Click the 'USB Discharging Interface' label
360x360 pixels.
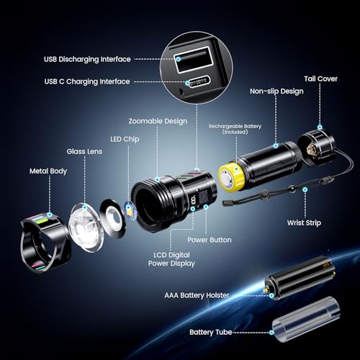pyautogui.click(x=87, y=59)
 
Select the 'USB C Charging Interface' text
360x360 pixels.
pyautogui.click(x=87, y=81)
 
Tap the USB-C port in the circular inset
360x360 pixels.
pyautogui.click(x=199, y=81)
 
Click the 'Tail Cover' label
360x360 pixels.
pyautogui.click(x=320, y=78)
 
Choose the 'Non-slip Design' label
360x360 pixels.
pyautogui.click(x=276, y=91)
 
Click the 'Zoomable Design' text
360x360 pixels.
pyautogui.click(x=158, y=121)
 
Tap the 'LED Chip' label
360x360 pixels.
pyautogui.click(x=125, y=139)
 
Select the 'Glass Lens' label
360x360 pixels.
pyautogui.click(x=84, y=151)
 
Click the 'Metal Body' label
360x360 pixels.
pyautogui.click(x=48, y=171)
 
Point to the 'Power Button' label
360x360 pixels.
pyautogui.click(x=210, y=240)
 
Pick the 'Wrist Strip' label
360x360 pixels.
pyautogui.click(x=304, y=222)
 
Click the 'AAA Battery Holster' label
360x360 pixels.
pyautogui.click(x=197, y=295)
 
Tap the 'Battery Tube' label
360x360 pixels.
pyautogui.click(x=211, y=332)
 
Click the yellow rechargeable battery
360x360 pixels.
pyautogui.click(x=231, y=176)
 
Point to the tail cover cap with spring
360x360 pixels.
pyautogui.click(x=316, y=148)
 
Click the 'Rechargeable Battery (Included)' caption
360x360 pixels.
pyautogui.click(x=235, y=129)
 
